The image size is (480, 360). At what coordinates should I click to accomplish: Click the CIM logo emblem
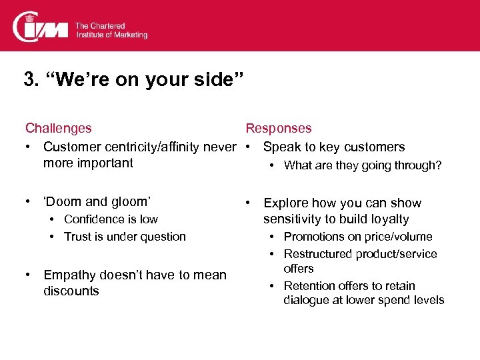tap(41, 27)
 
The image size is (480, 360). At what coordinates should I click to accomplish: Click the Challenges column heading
tap(59, 128)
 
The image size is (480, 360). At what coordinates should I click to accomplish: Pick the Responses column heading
tap(278, 128)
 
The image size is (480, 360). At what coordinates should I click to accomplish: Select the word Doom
tap(65, 201)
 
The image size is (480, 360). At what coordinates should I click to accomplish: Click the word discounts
tap(71, 291)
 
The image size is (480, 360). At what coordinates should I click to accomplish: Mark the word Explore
tap(286, 203)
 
